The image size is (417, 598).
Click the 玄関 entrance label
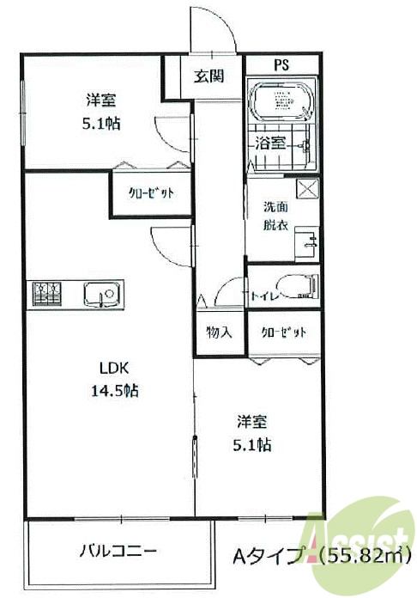(208, 76)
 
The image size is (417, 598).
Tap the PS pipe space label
(281, 65)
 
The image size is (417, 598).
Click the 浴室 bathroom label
(271, 143)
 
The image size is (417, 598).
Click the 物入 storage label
(220, 332)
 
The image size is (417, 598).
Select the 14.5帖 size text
(115, 391)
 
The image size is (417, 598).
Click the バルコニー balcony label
(118, 549)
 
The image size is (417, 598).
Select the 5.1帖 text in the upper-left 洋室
(100, 123)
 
